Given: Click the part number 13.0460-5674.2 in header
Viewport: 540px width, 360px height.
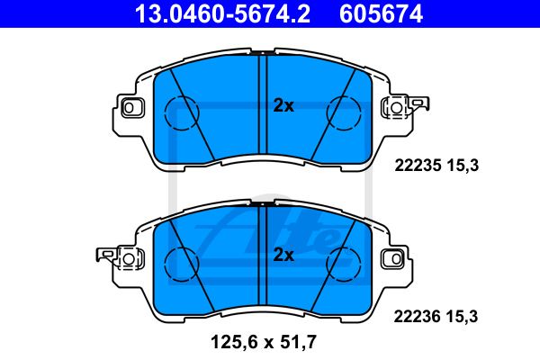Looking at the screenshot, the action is point(222,13).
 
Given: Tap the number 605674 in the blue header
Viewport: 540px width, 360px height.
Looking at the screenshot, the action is point(381,13).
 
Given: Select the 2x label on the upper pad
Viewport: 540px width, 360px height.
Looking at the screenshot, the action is point(283,106).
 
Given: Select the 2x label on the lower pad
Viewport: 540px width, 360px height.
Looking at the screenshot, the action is point(283,256).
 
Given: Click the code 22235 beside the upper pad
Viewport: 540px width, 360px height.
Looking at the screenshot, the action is point(418,166).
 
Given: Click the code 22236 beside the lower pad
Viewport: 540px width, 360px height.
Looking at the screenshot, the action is point(417,317).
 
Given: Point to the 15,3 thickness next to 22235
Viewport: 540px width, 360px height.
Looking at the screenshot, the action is point(463,166).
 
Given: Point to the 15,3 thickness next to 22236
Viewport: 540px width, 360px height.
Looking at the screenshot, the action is point(463,317).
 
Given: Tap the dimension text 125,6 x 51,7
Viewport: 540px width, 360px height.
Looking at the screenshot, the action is point(263,342).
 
